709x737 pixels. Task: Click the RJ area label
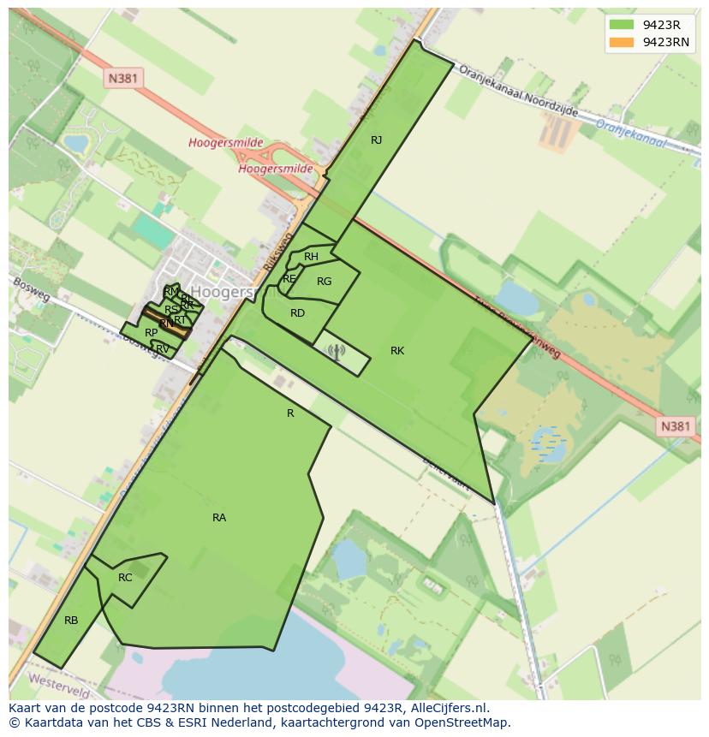coord(376,140)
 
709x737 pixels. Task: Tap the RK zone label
coord(397,351)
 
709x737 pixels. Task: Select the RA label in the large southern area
coord(219,518)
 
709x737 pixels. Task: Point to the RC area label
coord(125,578)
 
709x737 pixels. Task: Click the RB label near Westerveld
coord(71,621)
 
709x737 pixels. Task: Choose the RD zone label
coord(297,313)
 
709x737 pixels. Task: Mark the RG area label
coord(324,282)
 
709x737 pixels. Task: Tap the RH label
coord(311,257)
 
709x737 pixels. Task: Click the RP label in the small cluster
coord(151,333)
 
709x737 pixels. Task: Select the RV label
coord(162,348)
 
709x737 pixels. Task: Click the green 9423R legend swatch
coord(621,25)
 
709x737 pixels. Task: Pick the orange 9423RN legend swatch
coord(621,42)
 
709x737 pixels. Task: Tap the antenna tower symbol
coord(335,351)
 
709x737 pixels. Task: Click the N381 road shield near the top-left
coord(124,79)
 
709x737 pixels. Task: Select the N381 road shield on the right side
coord(675,426)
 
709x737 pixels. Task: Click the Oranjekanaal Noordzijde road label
coord(518,92)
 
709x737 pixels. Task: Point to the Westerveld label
coord(59,682)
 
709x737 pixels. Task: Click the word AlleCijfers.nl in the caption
coord(446,708)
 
